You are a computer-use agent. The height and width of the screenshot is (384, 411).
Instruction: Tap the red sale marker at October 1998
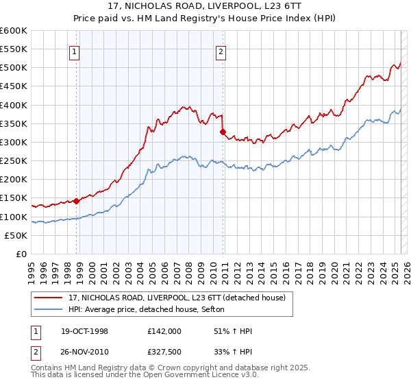click(x=77, y=201)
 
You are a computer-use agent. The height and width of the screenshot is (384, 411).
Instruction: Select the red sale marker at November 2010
click(x=223, y=132)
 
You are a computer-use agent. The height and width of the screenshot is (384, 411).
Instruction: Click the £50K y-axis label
click(x=16, y=235)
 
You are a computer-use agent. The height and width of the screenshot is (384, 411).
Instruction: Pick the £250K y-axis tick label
click(x=14, y=161)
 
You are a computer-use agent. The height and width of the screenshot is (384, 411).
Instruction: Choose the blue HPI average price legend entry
click(x=151, y=309)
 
